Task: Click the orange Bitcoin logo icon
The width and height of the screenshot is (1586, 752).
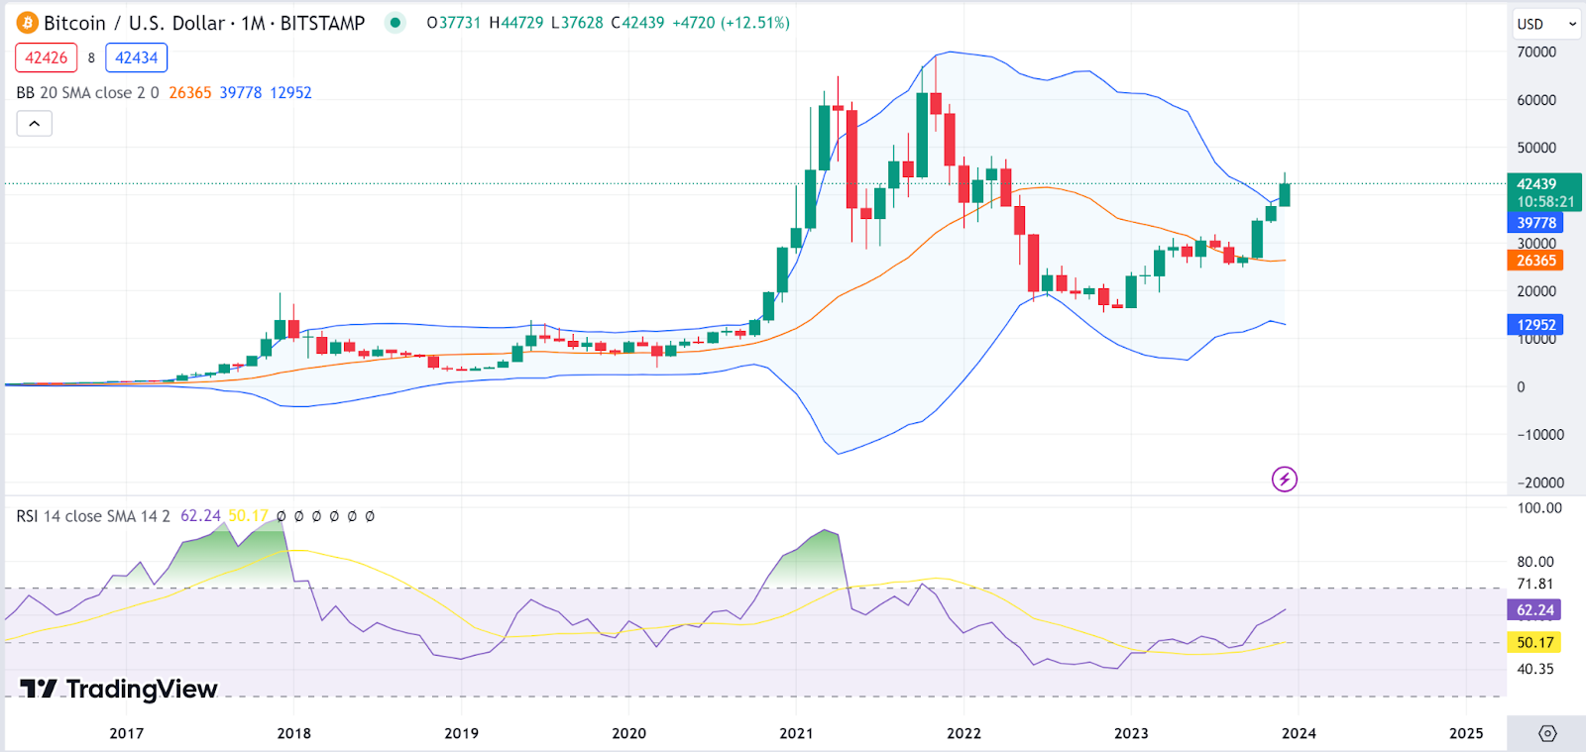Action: pyautogui.click(x=27, y=23)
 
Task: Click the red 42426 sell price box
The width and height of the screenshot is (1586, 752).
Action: pyautogui.click(x=47, y=57)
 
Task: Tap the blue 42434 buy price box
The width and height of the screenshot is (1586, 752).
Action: pyautogui.click(x=136, y=57)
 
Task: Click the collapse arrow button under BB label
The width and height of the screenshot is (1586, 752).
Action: pyautogui.click(x=34, y=124)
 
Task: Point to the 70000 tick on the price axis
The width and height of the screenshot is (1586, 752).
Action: pyautogui.click(x=1536, y=53)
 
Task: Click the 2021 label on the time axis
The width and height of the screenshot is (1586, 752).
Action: pyautogui.click(x=796, y=733)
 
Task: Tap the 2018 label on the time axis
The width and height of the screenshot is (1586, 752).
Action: pyautogui.click(x=293, y=733)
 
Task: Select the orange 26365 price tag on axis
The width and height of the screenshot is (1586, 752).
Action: pyautogui.click(x=1535, y=261)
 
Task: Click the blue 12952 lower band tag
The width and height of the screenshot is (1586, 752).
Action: pyautogui.click(x=1535, y=325)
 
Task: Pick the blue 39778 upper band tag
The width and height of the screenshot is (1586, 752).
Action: pyautogui.click(x=1535, y=223)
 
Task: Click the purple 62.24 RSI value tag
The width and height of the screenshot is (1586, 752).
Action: pyautogui.click(x=1534, y=610)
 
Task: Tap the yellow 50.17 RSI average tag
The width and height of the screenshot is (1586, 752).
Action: pyautogui.click(x=1534, y=642)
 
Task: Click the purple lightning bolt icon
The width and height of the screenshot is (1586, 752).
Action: pyautogui.click(x=1285, y=480)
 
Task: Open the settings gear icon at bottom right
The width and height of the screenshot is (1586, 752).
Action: pyautogui.click(x=1547, y=733)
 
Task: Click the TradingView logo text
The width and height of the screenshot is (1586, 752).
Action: pyautogui.click(x=119, y=689)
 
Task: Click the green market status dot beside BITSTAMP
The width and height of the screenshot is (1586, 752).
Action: pyautogui.click(x=396, y=23)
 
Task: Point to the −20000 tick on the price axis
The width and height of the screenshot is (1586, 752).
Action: pyautogui.click(x=1540, y=483)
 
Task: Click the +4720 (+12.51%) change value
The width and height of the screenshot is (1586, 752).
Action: pyautogui.click(x=731, y=23)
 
